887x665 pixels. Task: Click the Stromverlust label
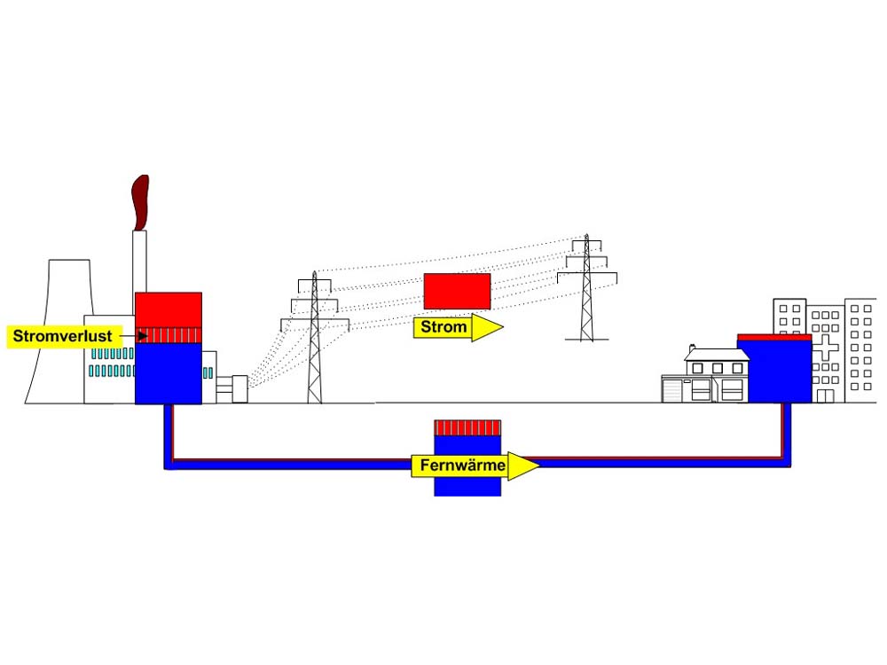[x=62, y=336]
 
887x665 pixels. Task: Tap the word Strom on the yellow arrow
[x=443, y=327]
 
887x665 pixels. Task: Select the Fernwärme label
[x=462, y=465]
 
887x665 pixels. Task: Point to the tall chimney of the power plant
[x=140, y=263]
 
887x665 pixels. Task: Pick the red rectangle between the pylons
[x=457, y=291]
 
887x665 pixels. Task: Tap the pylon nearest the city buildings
[x=586, y=287]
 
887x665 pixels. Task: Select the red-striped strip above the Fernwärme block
[x=467, y=427]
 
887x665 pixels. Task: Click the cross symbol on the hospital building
[x=825, y=348]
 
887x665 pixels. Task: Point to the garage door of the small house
[x=672, y=391]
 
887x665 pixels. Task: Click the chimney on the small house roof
[x=692, y=348]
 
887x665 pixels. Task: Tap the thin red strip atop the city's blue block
[x=773, y=337]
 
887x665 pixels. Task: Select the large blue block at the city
[x=773, y=371]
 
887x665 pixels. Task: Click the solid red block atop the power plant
[x=169, y=309]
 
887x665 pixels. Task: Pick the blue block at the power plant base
[x=169, y=374]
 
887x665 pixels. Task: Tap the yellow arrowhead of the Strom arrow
[x=487, y=327]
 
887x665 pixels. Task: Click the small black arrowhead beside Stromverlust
[x=143, y=336]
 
